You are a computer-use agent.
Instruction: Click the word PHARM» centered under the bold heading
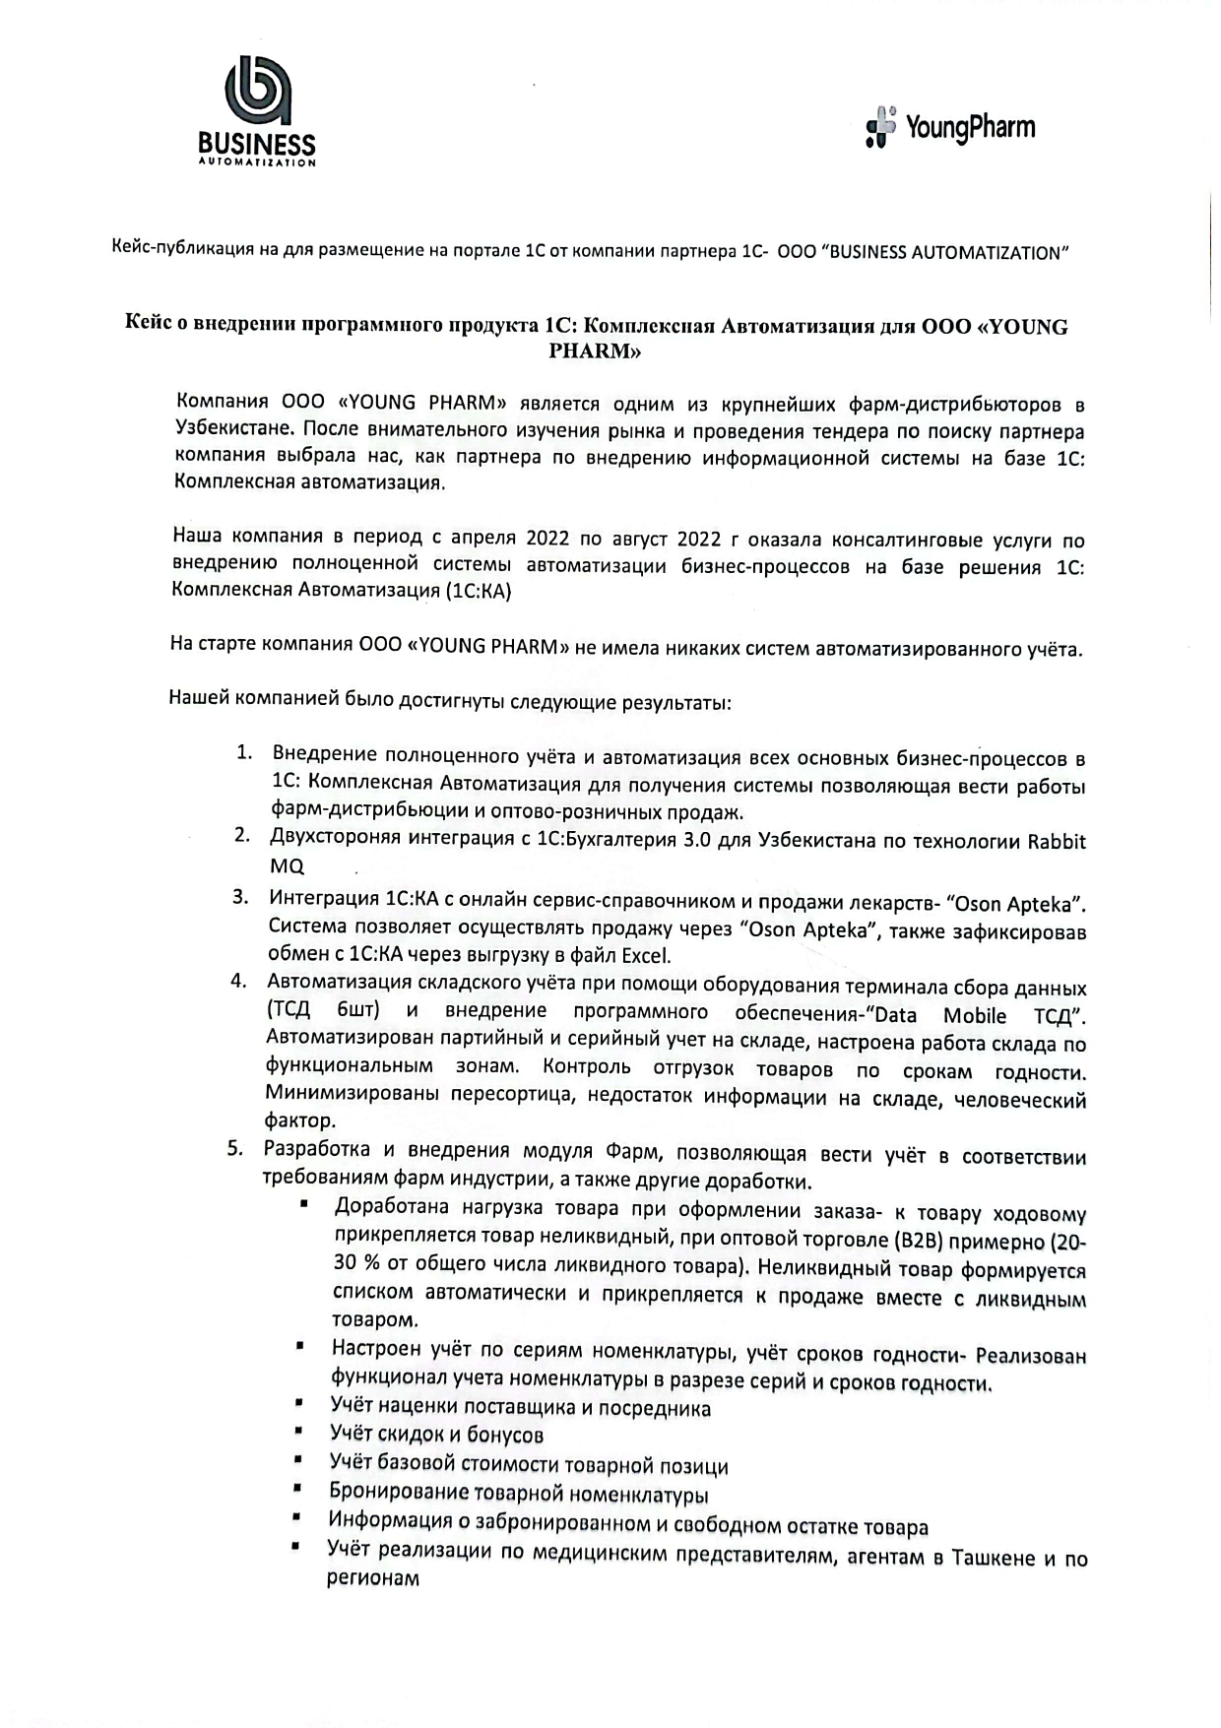(x=596, y=352)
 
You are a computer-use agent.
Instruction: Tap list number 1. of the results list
(x=244, y=753)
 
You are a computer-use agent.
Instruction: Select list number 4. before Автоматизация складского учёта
(x=237, y=981)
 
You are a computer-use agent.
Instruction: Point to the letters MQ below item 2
(x=287, y=866)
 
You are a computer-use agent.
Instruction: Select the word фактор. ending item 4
(x=300, y=1120)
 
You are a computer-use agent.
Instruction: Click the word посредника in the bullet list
(x=657, y=1409)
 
